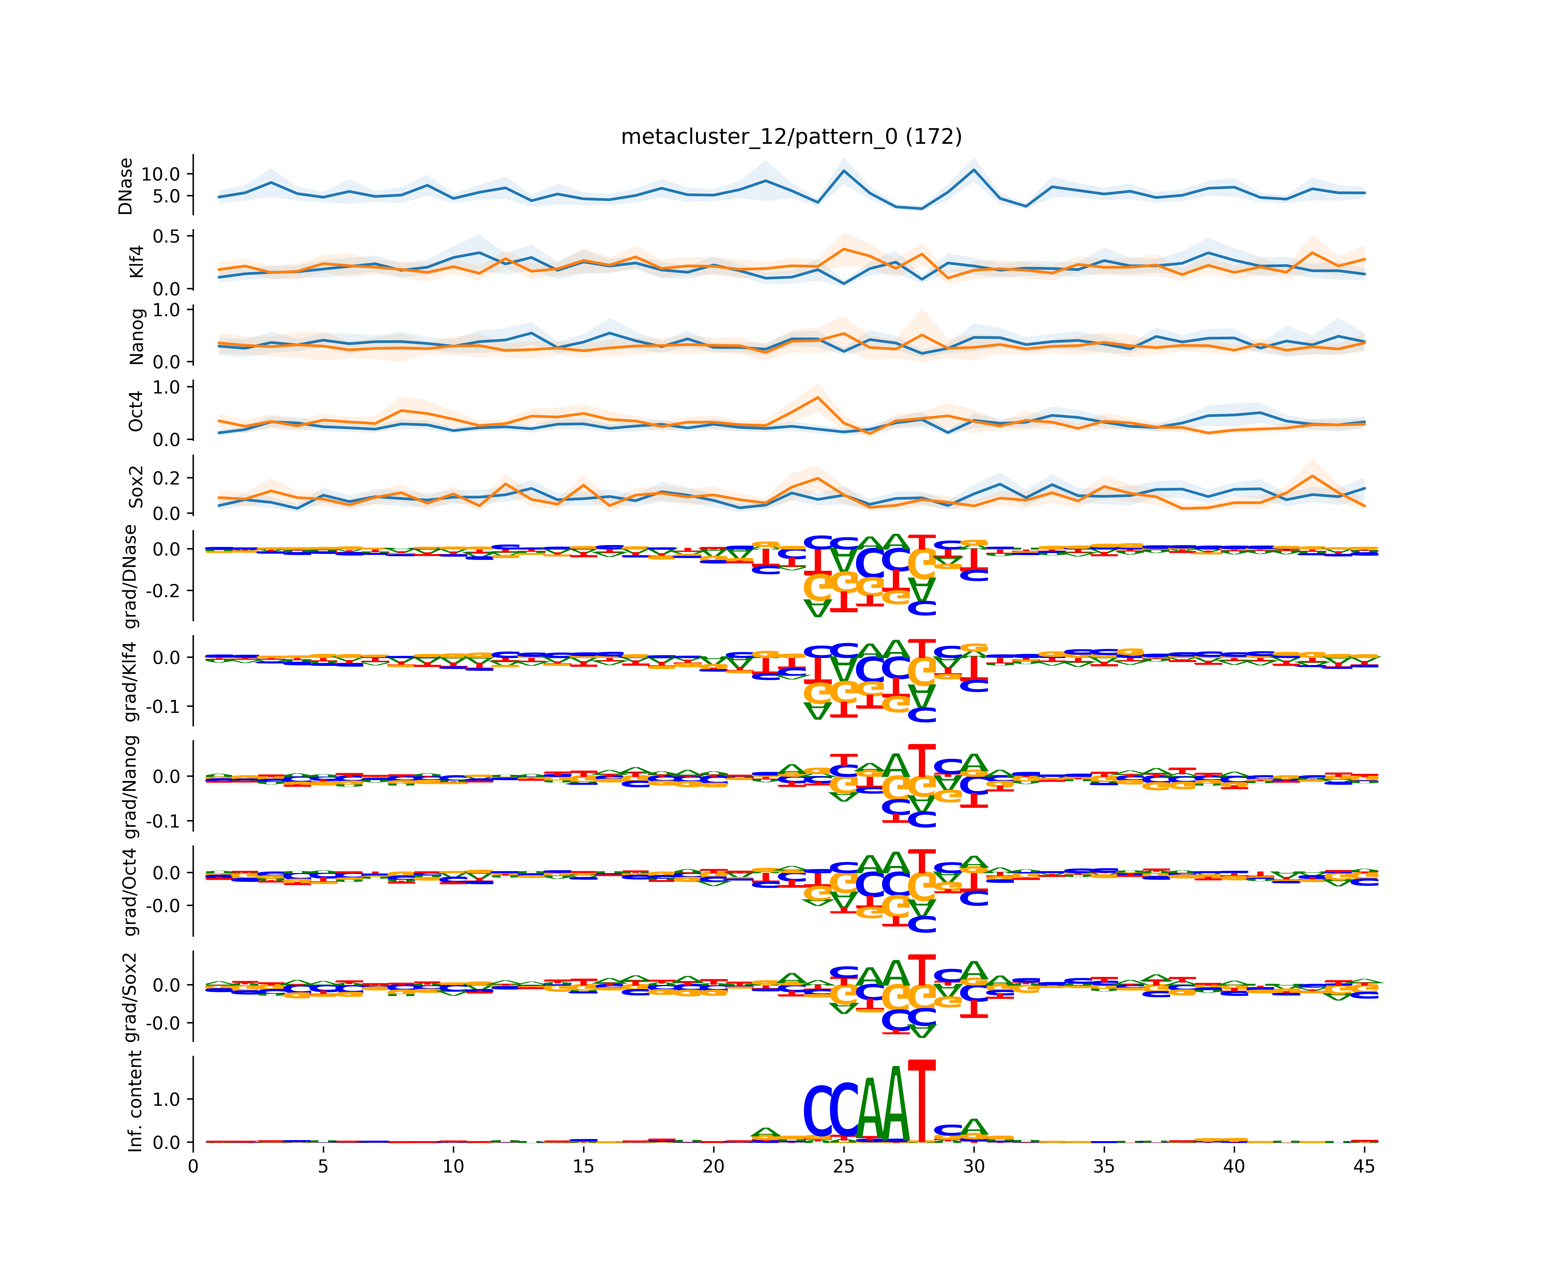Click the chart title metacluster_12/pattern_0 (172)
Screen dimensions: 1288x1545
[791, 137]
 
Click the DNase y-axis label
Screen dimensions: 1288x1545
[126, 186]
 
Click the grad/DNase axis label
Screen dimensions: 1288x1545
[131, 576]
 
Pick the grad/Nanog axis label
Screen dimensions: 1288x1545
[131, 786]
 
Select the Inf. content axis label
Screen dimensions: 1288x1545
[135, 1101]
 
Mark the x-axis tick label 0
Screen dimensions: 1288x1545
[193, 1166]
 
